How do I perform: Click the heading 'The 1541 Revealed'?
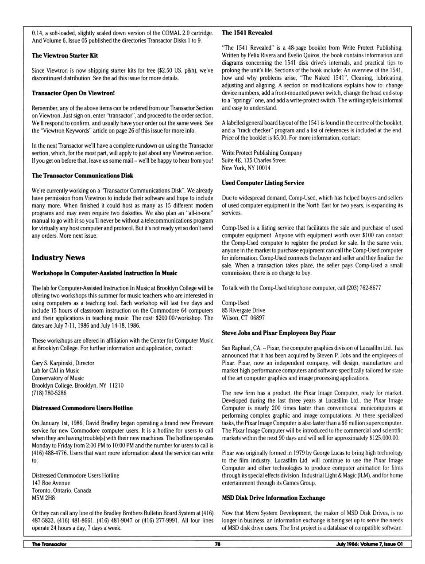[x=247, y=33]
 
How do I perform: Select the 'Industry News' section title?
[x=58, y=258]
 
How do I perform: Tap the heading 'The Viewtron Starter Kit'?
[x=65, y=55]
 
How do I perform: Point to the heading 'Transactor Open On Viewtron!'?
[x=73, y=93]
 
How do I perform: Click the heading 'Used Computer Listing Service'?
[x=263, y=183]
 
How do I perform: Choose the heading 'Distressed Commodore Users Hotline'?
[x=82, y=408]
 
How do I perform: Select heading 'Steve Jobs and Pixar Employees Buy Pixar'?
[x=278, y=333]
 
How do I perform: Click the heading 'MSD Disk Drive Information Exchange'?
[x=273, y=498]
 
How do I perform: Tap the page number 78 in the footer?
[x=217, y=544]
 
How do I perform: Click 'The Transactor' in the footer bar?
[x=49, y=544]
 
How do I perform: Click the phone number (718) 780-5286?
[x=49, y=393]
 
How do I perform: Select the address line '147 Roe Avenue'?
[x=51, y=483]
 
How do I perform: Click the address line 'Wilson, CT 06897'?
[x=243, y=318]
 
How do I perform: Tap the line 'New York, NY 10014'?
[x=246, y=168]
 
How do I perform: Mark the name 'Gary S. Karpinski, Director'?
[x=63, y=363]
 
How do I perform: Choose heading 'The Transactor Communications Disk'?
[x=82, y=176]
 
